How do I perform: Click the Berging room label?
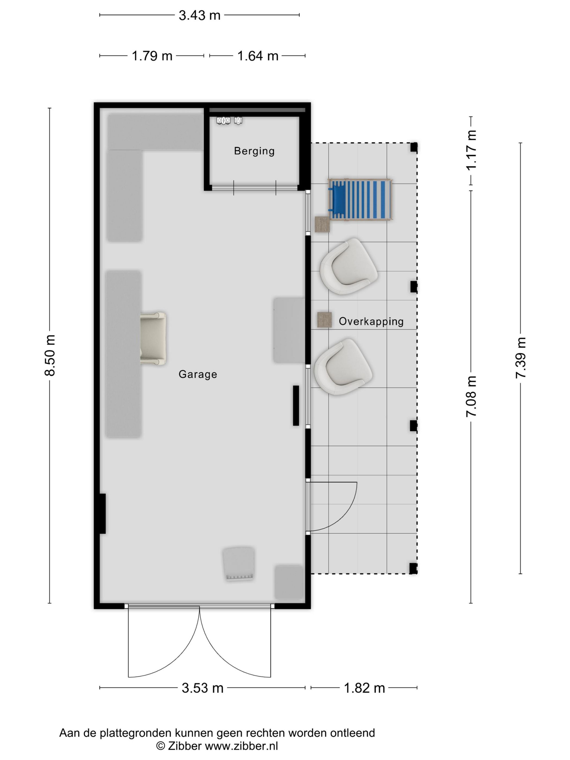pyautogui.click(x=254, y=151)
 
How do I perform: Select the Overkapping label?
pyautogui.click(x=371, y=322)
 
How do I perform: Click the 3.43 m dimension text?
pyautogui.click(x=199, y=15)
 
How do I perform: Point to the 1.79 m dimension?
pyautogui.click(x=152, y=56)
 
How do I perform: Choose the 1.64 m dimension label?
pyautogui.click(x=258, y=56)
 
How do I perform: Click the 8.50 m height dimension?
pyautogui.click(x=50, y=355)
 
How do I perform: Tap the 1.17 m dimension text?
pyautogui.click(x=471, y=150)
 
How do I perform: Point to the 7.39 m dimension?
pyautogui.click(x=521, y=358)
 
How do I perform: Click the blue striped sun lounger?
pyautogui.click(x=360, y=199)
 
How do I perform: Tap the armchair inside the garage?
pyautogui.click(x=153, y=338)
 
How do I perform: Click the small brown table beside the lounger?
pyautogui.click(x=322, y=224)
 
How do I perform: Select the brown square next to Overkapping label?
pyautogui.click(x=324, y=320)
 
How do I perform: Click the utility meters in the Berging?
pyautogui.click(x=229, y=121)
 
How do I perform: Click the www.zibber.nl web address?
pyautogui.click(x=241, y=746)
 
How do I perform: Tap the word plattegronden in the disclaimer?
pyautogui.click(x=136, y=733)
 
